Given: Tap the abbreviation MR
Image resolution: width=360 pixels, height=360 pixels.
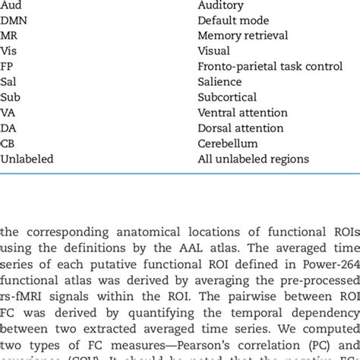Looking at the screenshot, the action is click(x=11, y=35).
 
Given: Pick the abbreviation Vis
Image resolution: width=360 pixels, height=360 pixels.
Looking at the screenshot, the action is click(x=10, y=51).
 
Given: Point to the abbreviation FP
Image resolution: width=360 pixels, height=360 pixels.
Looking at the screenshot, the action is click(x=8, y=66).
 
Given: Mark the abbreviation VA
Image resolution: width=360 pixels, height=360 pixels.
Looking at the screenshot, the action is click(x=9, y=113).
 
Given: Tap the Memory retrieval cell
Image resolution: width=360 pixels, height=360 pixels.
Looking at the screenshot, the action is click(x=242, y=35).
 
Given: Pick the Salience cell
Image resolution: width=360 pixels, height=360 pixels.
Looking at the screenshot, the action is click(x=219, y=82).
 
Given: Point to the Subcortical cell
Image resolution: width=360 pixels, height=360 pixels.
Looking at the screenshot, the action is click(x=228, y=97).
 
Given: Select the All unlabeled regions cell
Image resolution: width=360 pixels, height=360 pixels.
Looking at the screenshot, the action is click(x=254, y=159).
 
